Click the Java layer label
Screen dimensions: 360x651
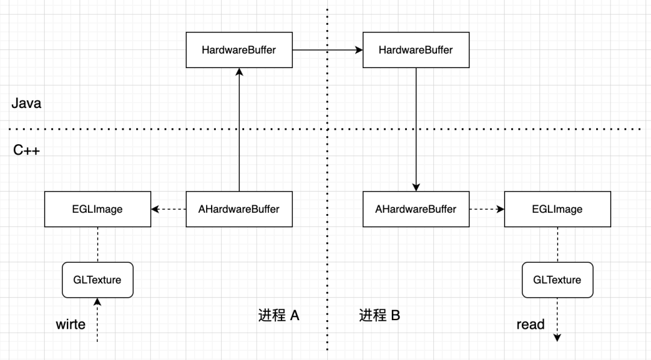pyautogui.click(x=27, y=103)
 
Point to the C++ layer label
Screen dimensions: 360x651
pyautogui.click(x=27, y=150)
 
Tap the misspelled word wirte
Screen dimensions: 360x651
pyautogui.click(x=71, y=324)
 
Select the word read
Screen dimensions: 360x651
pyautogui.click(x=530, y=324)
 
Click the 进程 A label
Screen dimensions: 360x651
pyautogui.click(x=279, y=315)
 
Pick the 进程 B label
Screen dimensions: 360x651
pyautogui.click(x=380, y=315)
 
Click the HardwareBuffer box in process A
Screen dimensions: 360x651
pyautogui.click(x=239, y=50)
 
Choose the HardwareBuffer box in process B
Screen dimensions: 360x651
pyautogui.click(x=416, y=50)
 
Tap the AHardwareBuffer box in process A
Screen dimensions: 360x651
pyautogui.click(x=239, y=209)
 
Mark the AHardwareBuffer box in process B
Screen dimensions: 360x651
pyautogui.click(x=416, y=209)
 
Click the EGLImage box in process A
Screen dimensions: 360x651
pyautogui.click(x=98, y=209)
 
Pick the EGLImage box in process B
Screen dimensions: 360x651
pyautogui.click(x=557, y=209)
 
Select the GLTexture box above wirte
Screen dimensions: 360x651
pyautogui.click(x=97, y=280)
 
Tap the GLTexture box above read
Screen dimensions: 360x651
pyautogui.click(x=557, y=280)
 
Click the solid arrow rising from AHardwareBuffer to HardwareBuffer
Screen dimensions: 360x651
pyautogui.click(x=239, y=130)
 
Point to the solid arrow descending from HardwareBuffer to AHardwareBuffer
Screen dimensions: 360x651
pyautogui.click(x=416, y=130)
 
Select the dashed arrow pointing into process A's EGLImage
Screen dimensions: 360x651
pyautogui.click(x=168, y=209)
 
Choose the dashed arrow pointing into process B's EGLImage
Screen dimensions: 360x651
pyautogui.click(x=486, y=209)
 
